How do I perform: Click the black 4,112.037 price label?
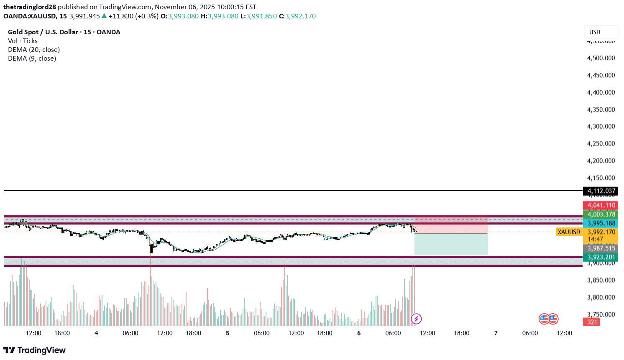click(601, 191)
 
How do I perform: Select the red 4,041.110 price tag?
click(601, 205)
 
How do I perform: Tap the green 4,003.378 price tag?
click(601, 214)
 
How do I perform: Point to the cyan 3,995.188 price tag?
click(601, 223)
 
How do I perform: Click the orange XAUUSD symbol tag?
click(569, 232)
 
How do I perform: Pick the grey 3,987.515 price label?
click(601, 248)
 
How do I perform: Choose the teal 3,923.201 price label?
click(601, 257)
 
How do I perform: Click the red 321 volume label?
click(592, 322)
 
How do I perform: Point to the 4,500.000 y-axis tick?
click(601, 58)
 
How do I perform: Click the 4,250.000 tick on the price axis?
click(601, 143)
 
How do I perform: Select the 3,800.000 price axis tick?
click(601, 297)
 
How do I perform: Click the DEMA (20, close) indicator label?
click(34, 49)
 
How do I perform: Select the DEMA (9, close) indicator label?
click(32, 58)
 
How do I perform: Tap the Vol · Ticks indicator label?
click(23, 41)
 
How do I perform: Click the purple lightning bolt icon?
click(416, 319)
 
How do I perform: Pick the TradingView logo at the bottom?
click(34, 350)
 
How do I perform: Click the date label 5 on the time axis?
click(228, 333)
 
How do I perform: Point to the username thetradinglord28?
click(29, 7)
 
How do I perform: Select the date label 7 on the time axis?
click(496, 333)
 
